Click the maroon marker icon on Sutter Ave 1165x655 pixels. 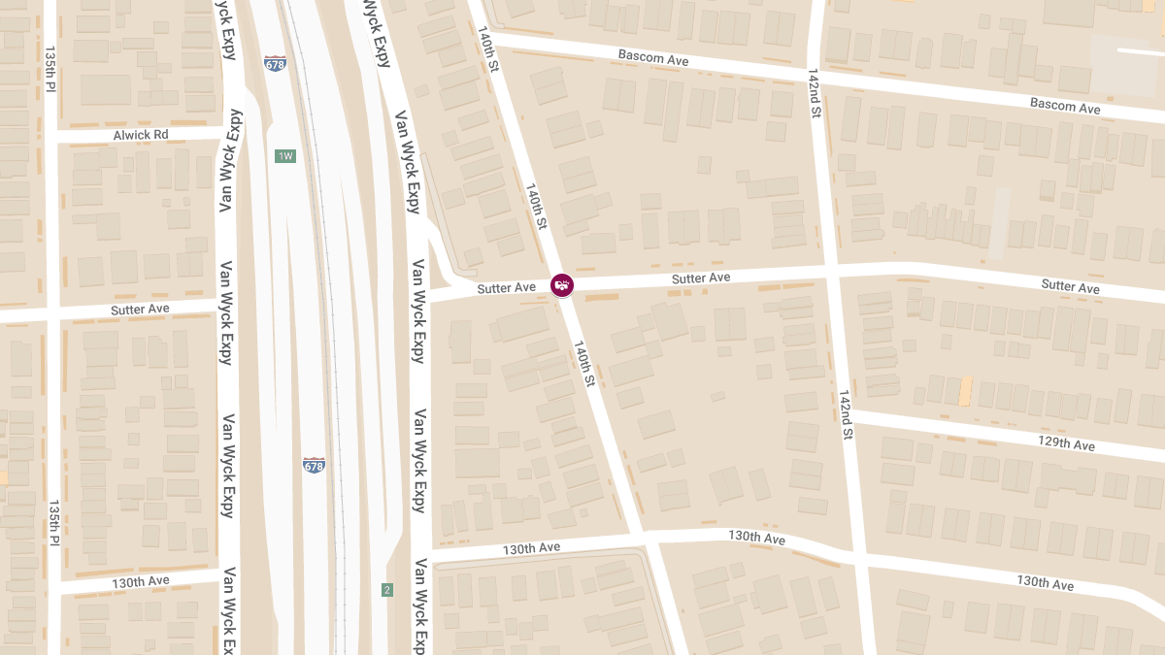[562, 285]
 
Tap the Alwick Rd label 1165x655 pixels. [140, 135]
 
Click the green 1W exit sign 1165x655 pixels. [284, 156]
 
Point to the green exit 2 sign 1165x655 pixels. [387, 590]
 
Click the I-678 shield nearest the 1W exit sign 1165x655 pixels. [275, 64]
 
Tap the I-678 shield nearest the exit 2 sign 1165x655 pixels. [314, 466]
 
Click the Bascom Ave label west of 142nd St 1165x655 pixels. [652, 58]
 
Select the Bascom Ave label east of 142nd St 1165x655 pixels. [1065, 105]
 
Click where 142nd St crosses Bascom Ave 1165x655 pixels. [815, 71]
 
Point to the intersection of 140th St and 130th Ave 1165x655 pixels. [638, 535]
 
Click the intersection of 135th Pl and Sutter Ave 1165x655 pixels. [51, 314]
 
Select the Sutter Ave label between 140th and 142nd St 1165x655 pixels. [700, 278]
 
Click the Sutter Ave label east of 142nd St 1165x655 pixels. [1070, 285]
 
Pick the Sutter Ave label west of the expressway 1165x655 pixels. [140, 310]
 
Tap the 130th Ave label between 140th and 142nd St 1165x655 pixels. [756, 537]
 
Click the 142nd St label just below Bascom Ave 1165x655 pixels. [815, 93]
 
